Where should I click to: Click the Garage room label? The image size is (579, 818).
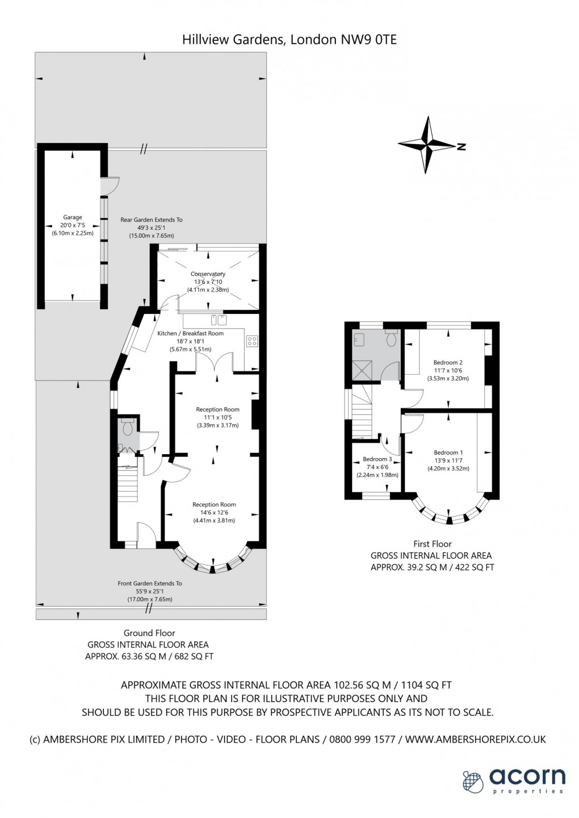[x=72, y=217]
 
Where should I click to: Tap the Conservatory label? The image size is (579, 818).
[x=208, y=274]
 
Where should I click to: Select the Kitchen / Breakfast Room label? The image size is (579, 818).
[x=190, y=333]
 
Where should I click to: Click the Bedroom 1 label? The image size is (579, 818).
[x=448, y=452]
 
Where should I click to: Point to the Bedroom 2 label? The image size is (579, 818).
[x=448, y=363]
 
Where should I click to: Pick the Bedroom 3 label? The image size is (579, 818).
[x=377, y=459]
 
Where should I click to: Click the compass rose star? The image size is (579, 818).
[x=427, y=145]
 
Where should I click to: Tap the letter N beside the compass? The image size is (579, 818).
[x=462, y=146]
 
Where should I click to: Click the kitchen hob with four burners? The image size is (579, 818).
[x=252, y=341]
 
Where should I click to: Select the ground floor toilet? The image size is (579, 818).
[x=127, y=427]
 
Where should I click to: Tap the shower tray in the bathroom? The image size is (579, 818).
[x=363, y=370]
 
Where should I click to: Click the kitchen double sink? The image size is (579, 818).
[x=219, y=320]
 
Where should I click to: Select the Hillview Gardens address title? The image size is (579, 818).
[x=289, y=39]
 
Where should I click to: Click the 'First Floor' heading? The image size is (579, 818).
[x=432, y=544]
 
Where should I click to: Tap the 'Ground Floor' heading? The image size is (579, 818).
[x=149, y=633]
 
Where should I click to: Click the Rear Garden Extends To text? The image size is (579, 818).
[x=152, y=220]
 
